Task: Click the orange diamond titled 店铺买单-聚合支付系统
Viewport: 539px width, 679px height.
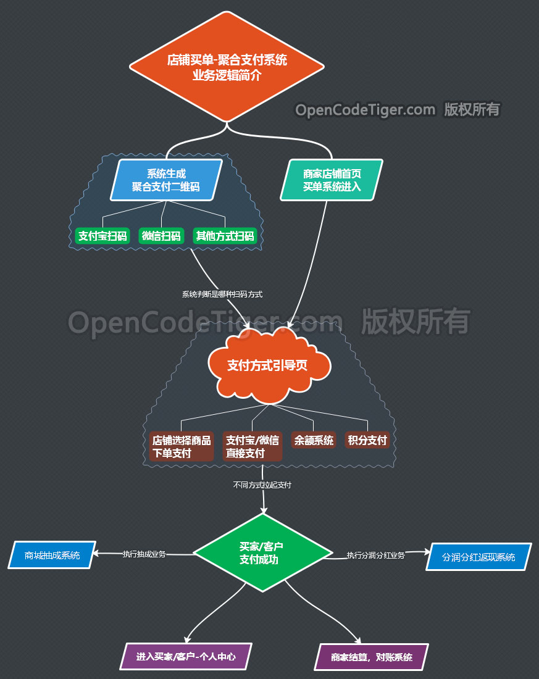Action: [x=227, y=67]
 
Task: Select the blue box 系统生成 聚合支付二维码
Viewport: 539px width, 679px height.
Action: [x=165, y=180]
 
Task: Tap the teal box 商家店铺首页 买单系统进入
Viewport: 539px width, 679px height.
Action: [x=332, y=180]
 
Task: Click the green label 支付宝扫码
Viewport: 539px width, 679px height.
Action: [x=102, y=236]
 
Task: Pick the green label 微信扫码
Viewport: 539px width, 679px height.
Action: [x=161, y=236]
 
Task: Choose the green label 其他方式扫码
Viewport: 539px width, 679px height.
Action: [x=225, y=236]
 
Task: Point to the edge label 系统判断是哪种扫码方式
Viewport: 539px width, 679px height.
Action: [x=222, y=294]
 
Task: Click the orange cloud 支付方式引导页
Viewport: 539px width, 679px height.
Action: [x=267, y=365]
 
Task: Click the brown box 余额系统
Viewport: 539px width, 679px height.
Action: [x=314, y=440]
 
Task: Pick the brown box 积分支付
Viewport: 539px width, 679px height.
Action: [x=367, y=440]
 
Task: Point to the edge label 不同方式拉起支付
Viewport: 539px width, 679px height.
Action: [x=262, y=485]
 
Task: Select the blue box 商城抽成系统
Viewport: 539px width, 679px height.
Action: [x=52, y=555]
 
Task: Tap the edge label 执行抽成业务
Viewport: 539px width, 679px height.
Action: [x=144, y=554]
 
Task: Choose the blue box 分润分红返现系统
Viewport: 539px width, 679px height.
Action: [x=478, y=557]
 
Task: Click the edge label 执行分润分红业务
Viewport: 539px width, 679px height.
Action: [x=375, y=555]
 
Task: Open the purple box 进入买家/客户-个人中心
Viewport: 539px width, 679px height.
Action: [x=186, y=656]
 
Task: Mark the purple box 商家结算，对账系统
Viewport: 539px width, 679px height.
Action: [x=371, y=657]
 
